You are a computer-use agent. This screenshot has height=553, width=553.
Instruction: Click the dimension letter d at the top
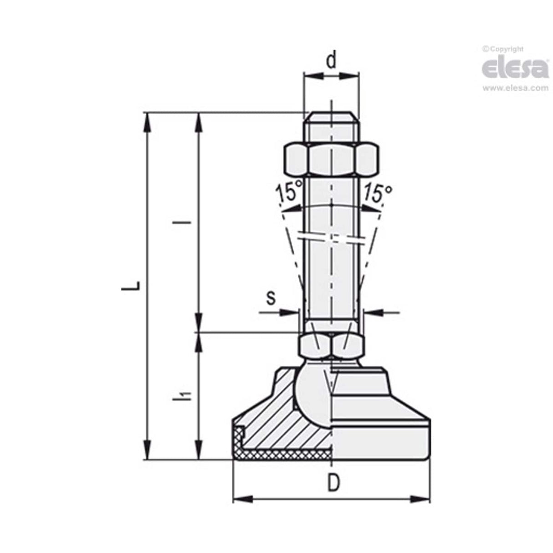coord(332,61)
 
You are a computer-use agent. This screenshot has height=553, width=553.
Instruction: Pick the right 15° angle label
coord(378,193)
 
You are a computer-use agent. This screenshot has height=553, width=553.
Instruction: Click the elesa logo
coord(515,69)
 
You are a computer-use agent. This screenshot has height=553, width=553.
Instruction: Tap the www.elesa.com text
coord(515,88)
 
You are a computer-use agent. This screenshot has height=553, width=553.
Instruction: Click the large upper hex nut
coord(332,159)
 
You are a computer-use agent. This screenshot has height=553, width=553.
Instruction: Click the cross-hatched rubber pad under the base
coord(287,454)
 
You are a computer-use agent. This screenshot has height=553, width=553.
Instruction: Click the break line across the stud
coord(331,239)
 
